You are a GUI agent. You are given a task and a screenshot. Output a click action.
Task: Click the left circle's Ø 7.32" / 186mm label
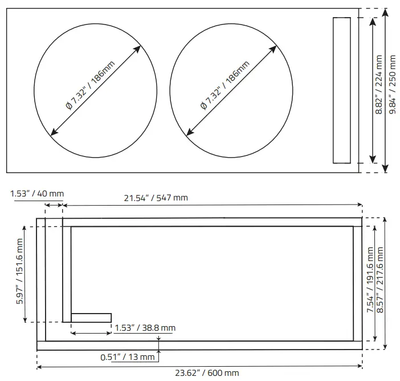(x=90, y=85)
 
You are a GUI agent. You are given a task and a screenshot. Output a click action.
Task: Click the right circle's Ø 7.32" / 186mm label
(x=225, y=85)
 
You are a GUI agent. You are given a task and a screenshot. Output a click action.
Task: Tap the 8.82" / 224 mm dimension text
(x=379, y=85)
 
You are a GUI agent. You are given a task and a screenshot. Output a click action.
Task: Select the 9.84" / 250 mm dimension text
(x=392, y=85)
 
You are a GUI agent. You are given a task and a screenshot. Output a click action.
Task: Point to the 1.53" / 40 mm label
(x=37, y=194)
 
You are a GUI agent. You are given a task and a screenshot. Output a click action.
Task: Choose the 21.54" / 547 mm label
(x=156, y=198)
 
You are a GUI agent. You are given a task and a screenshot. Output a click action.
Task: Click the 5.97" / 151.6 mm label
(x=19, y=271)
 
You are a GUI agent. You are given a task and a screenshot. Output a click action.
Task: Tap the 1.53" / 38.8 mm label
(x=145, y=328)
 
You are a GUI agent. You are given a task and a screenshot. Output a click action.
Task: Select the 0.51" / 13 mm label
(x=128, y=357)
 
